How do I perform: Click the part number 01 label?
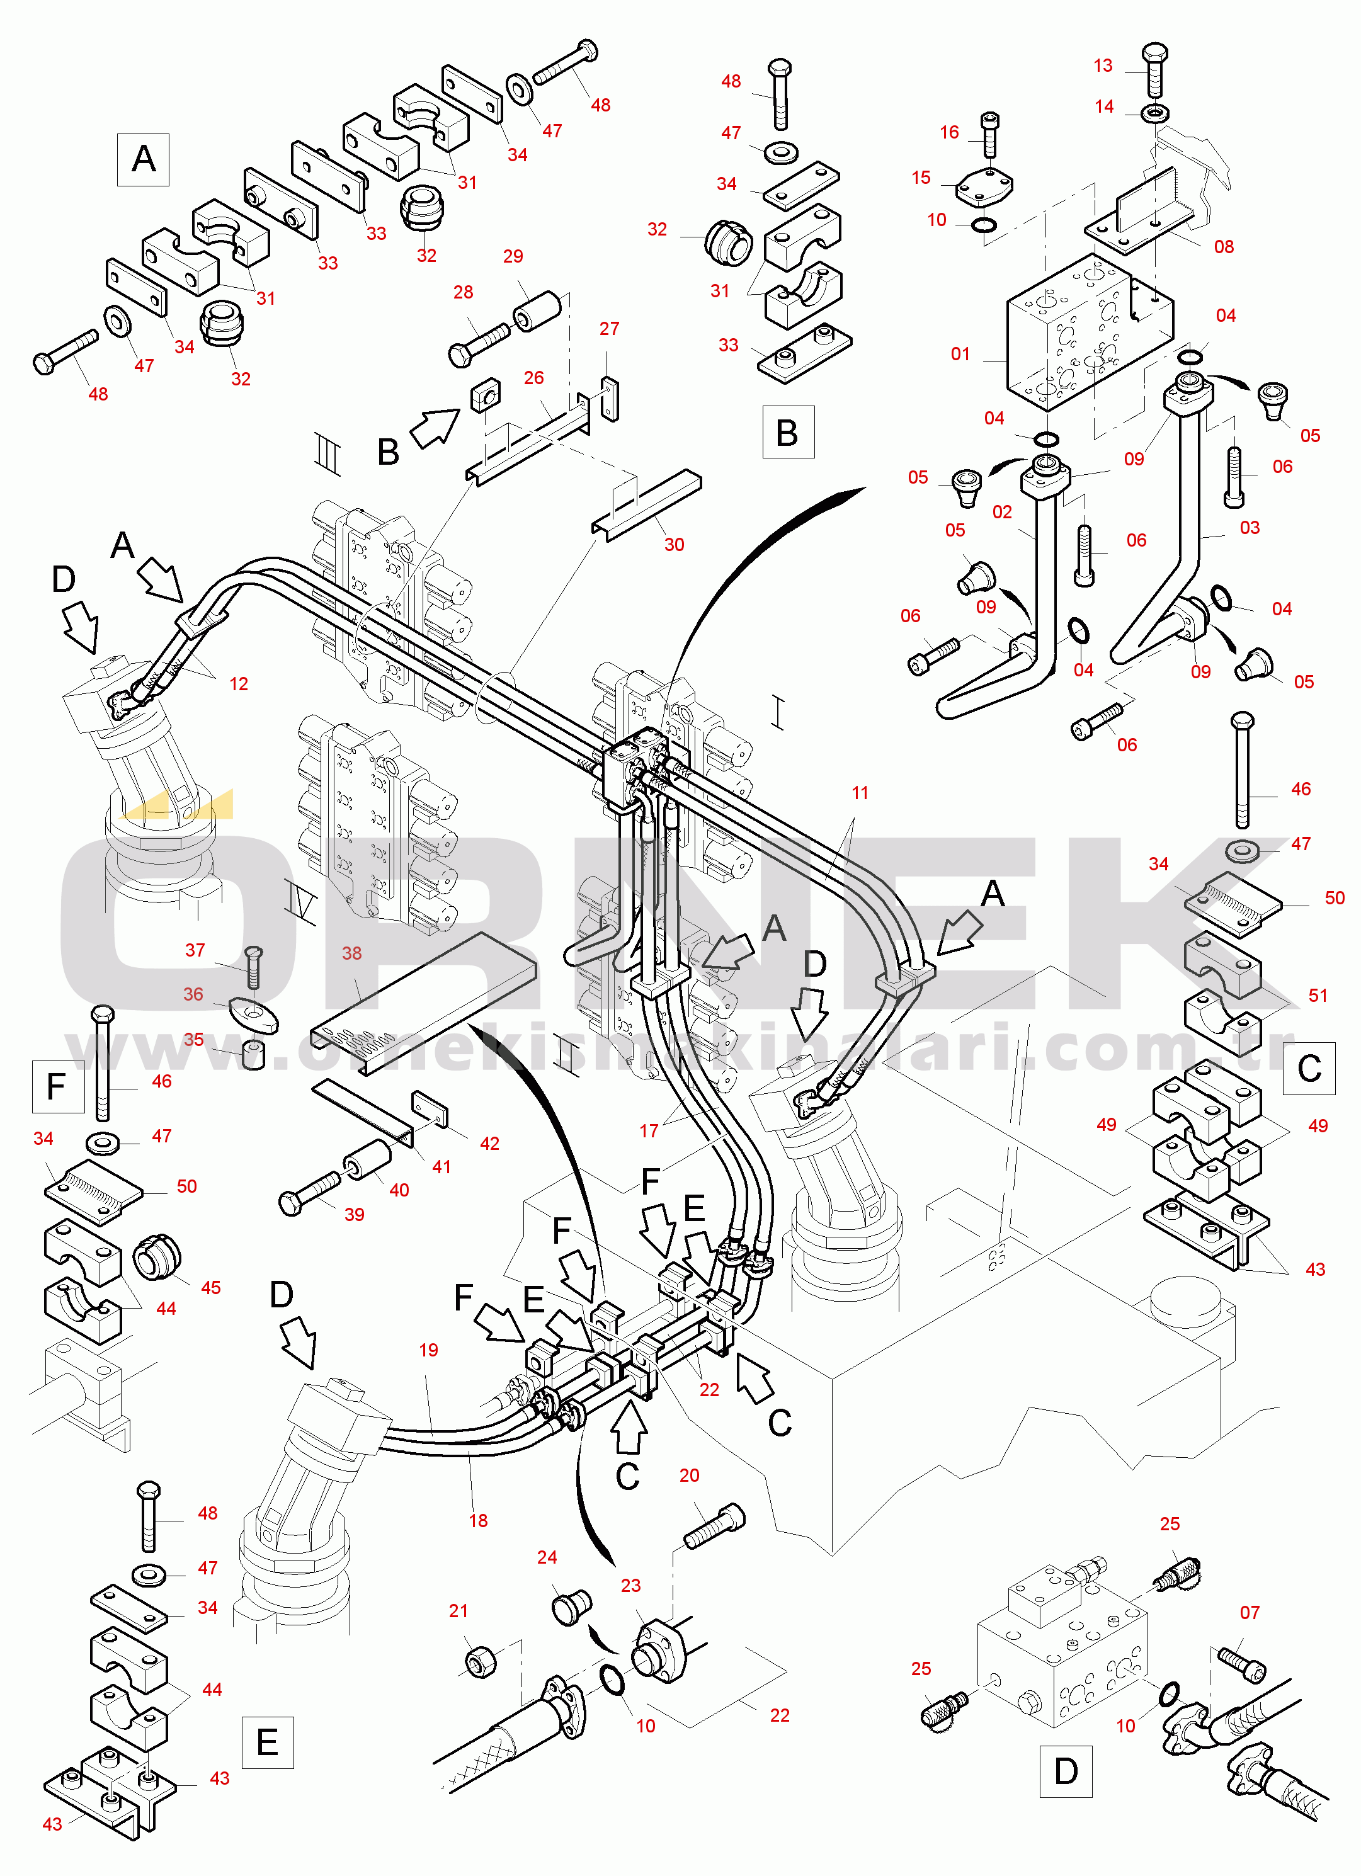click(x=960, y=354)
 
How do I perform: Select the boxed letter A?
click(x=143, y=159)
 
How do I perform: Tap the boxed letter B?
click(x=788, y=432)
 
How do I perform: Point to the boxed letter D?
click(x=1066, y=1772)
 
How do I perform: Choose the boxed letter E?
click(x=267, y=1742)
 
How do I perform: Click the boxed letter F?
click(x=58, y=1086)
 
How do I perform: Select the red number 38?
click(x=351, y=953)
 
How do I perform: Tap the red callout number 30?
click(x=675, y=544)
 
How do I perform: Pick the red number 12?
click(x=238, y=684)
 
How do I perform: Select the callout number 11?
click(x=860, y=792)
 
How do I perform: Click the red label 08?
click(x=1224, y=246)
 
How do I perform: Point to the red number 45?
click(x=211, y=1287)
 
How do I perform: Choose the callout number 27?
click(x=609, y=328)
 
